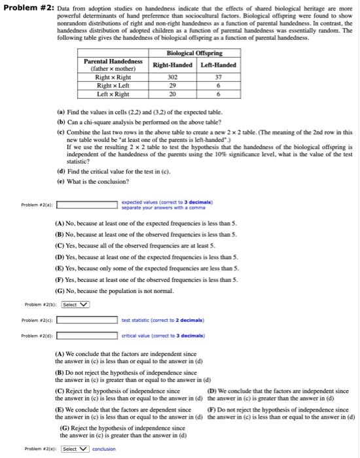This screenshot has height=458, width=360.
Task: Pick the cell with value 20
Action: tap(172, 93)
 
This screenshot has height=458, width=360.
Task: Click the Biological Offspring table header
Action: tap(195, 53)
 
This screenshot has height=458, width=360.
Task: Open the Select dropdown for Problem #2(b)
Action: tap(75, 304)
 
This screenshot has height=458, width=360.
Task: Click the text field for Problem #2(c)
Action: tap(86, 320)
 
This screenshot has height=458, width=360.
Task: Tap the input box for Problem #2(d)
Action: tap(86, 336)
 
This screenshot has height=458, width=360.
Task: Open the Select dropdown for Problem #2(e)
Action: tap(74, 449)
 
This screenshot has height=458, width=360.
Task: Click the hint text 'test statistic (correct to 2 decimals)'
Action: tap(154, 320)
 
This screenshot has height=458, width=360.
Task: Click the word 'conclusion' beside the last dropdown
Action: tap(103, 449)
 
